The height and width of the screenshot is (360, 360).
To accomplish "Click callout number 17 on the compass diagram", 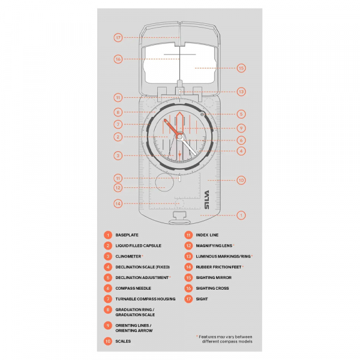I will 118,37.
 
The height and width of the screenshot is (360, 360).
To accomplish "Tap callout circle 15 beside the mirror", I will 241,68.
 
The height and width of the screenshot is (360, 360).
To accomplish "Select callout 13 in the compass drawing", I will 241,92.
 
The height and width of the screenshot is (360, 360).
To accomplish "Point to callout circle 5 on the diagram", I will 241,113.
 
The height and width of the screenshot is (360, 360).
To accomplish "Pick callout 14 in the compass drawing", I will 118,203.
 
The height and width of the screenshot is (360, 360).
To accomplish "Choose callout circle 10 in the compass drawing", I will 241,179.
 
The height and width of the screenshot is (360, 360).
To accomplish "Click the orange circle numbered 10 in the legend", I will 107,341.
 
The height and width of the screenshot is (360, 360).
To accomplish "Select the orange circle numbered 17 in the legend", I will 188,299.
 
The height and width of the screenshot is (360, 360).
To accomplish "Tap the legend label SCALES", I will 124,341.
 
